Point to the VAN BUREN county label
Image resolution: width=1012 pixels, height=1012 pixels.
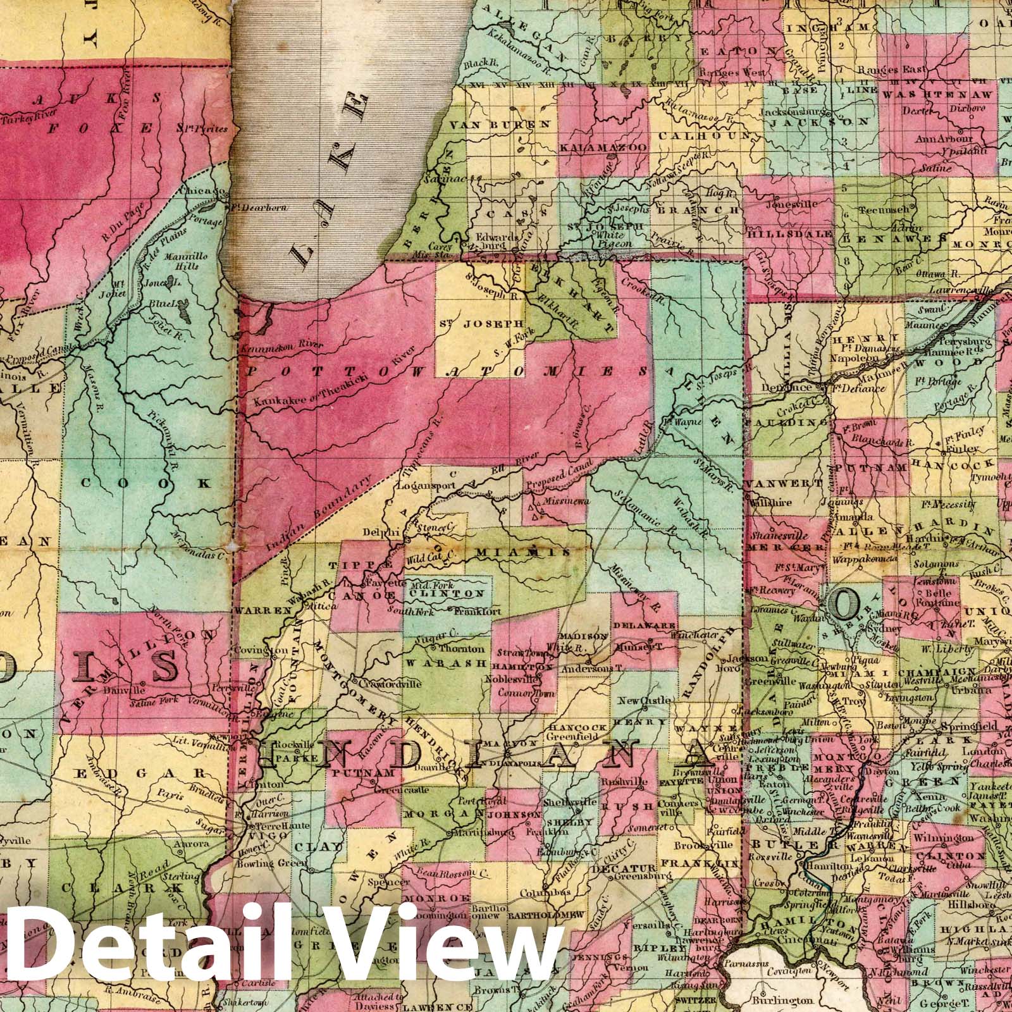click(500, 125)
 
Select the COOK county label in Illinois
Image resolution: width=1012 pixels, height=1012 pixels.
click(146, 483)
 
